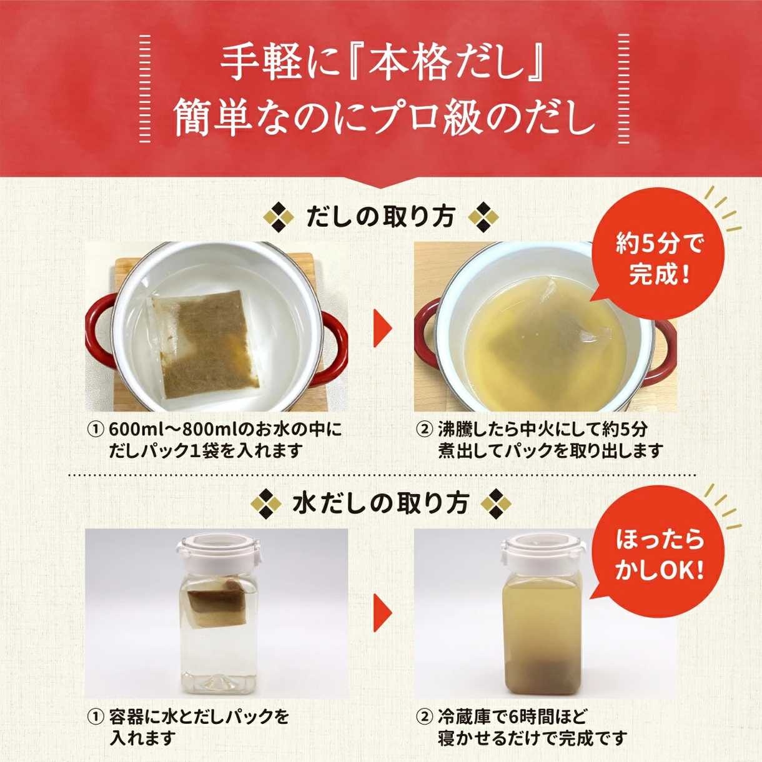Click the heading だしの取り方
coord(380,217)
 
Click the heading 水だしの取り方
coord(380,503)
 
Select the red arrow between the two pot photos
coord(382,328)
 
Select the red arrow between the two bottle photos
coord(382,614)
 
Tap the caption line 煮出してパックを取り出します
coord(550,451)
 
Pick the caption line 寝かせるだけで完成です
coord(532,737)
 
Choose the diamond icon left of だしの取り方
coord(279,217)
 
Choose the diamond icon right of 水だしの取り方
coord(495,503)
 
